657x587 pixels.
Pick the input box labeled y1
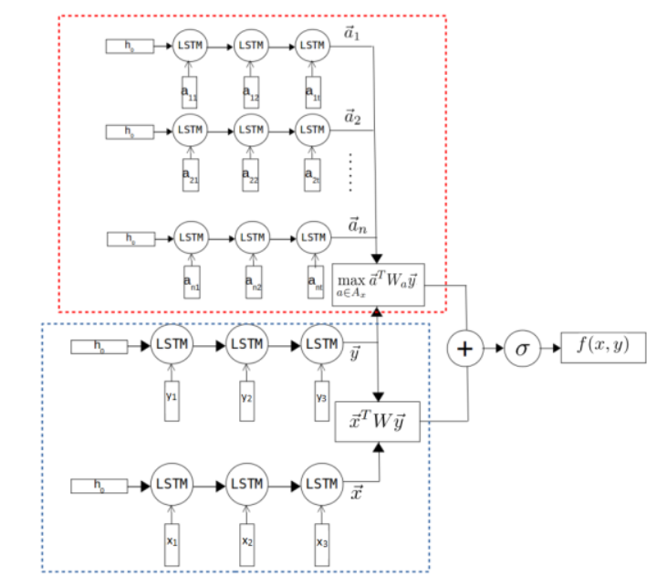click(x=171, y=398)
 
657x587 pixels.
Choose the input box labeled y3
click(x=320, y=398)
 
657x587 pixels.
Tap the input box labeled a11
click(x=189, y=91)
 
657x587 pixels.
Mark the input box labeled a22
click(x=250, y=174)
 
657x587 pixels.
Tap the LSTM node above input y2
click(x=246, y=345)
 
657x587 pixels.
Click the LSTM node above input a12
click(x=251, y=45)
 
